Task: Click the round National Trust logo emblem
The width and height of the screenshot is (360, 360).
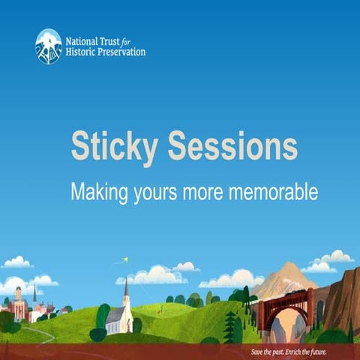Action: [49, 46]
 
